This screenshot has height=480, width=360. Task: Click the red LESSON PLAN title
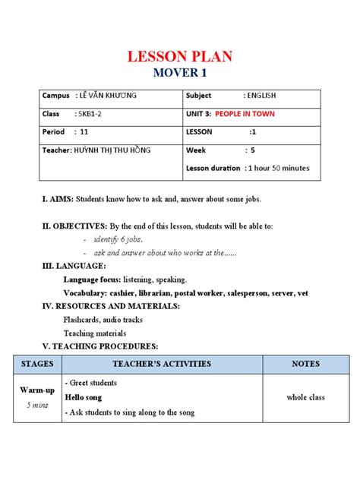click(x=179, y=56)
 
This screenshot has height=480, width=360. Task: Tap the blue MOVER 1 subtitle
click(x=179, y=74)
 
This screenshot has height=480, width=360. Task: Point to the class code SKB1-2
click(x=90, y=114)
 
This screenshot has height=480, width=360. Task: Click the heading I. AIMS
click(x=57, y=199)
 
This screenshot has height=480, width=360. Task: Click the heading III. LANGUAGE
click(x=73, y=267)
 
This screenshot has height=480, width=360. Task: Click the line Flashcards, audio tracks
click(x=103, y=320)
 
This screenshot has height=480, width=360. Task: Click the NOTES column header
click(x=306, y=364)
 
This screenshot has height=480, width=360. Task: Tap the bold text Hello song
click(x=84, y=396)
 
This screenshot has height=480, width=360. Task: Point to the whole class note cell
click(x=306, y=397)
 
